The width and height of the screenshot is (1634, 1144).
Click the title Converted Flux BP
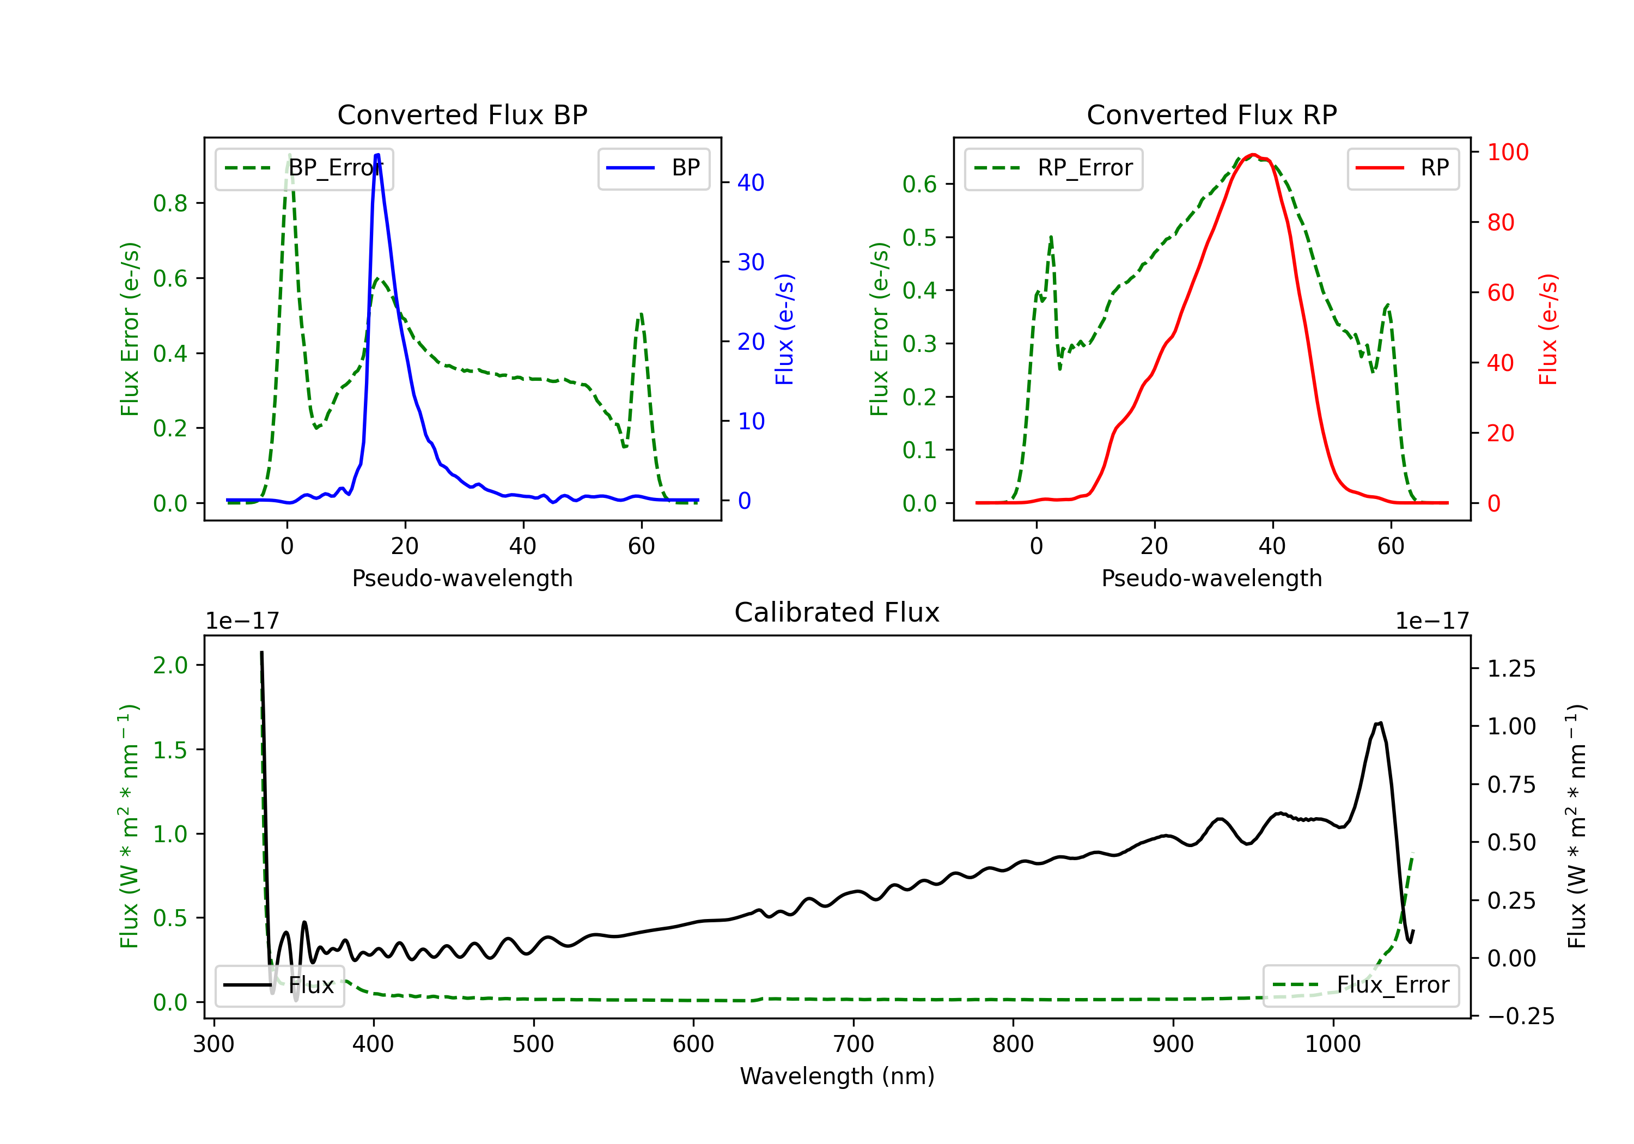click(462, 114)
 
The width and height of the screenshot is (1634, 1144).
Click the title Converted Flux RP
click(1211, 114)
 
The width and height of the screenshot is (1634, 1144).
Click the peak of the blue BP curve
click(377, 155)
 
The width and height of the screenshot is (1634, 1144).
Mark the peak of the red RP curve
click(1253, 155)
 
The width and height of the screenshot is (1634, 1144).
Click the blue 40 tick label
click(750, 183)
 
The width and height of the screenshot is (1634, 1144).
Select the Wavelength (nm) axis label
click(837, 1076)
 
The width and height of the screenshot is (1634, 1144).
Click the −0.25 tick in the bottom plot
click(1521, 1016)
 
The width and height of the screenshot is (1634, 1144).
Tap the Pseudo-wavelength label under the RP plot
click(1211, 578)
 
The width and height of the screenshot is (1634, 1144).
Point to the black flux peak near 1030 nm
click(1379, 723)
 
